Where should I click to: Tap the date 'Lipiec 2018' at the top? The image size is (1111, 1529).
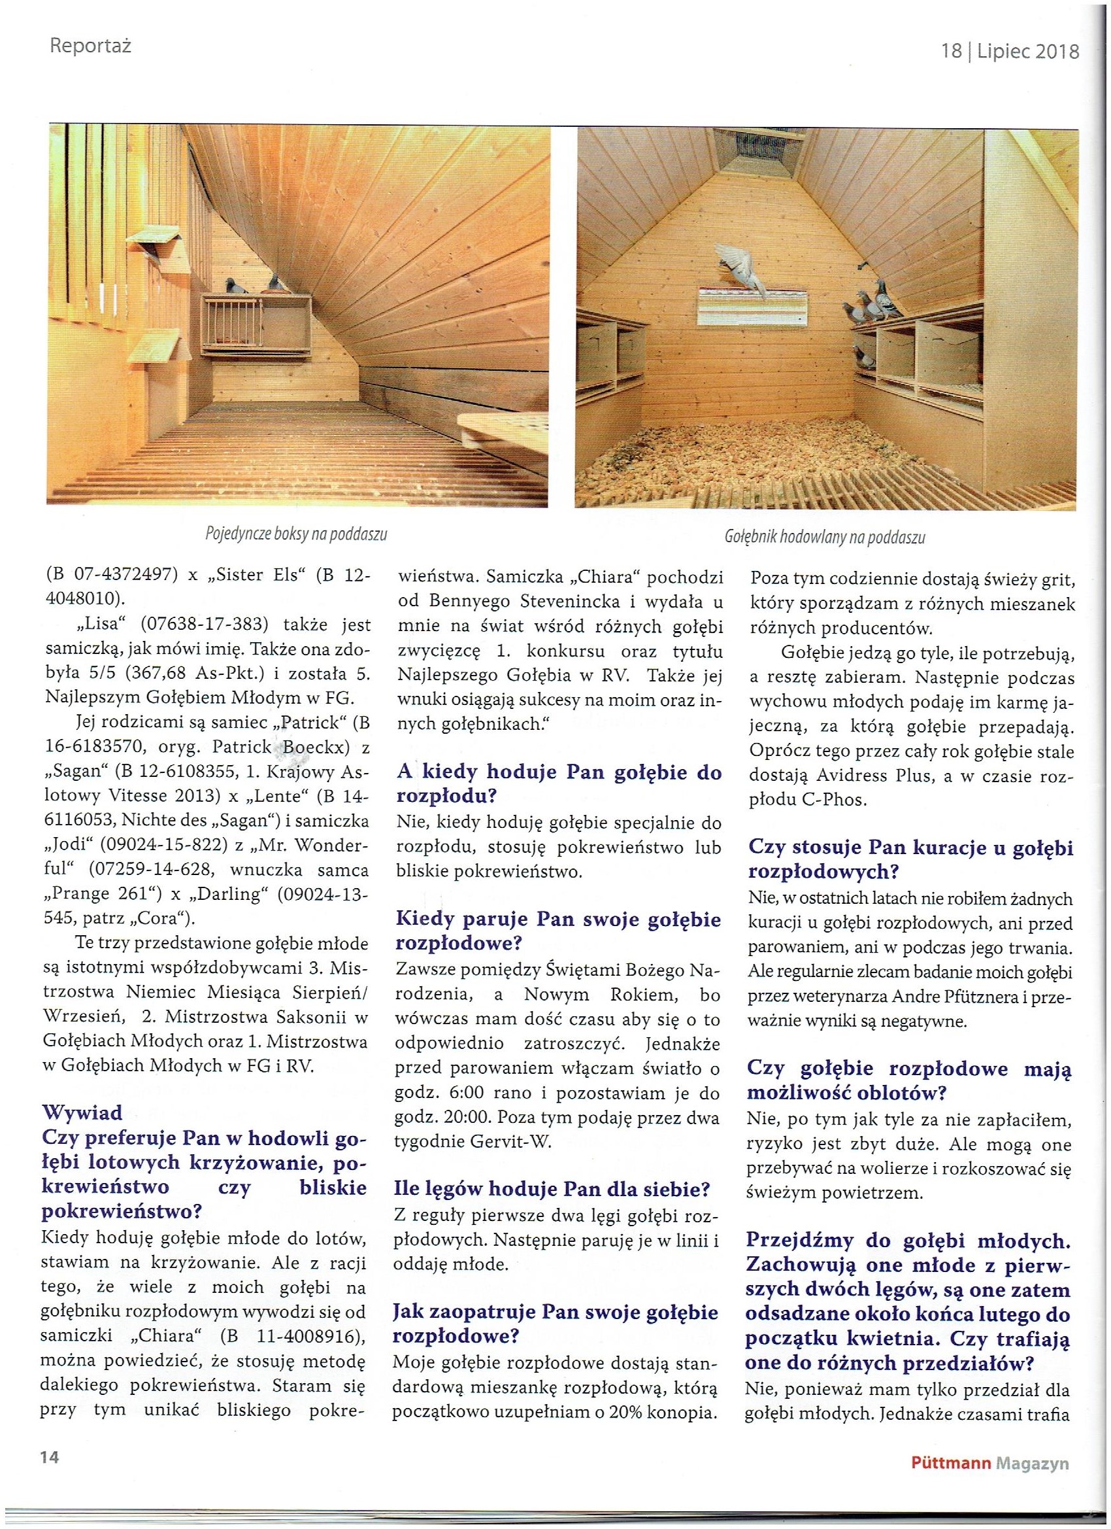(1027, 51)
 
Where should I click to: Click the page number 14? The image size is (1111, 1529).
(48, 1457)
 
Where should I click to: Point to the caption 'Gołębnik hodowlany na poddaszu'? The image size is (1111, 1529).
(825, 538)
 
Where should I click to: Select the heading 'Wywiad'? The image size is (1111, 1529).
(82, 1111)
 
